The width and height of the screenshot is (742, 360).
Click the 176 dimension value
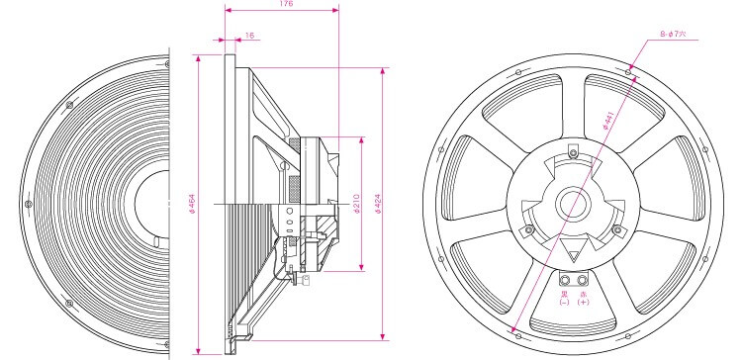click(286, 3)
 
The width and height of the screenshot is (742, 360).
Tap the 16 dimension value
click(250, 36)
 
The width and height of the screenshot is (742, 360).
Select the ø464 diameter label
click(192, 204)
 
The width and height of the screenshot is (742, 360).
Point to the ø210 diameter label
click(356, 204)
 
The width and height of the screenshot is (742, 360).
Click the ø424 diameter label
click(378, 204)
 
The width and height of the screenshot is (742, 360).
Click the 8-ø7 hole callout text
click(674, 35)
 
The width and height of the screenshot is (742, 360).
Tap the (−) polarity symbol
click(564, 303)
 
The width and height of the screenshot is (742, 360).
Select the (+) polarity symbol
click(583, 303)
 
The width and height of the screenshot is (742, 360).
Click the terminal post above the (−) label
click(565, 281)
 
